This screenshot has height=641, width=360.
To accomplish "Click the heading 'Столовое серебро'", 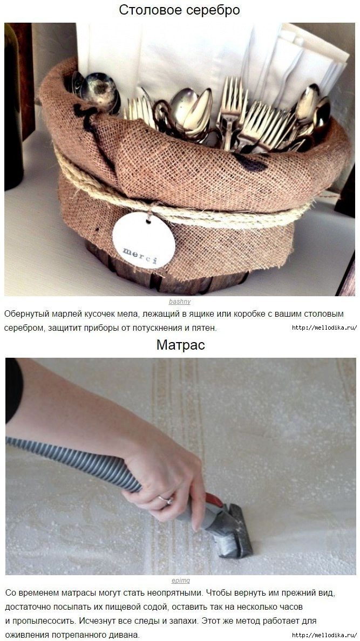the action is [179, 10].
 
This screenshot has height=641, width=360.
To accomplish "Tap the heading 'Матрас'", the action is [180, 345].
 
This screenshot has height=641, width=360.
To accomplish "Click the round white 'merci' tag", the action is [144, 241].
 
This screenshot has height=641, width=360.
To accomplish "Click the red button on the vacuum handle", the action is [214, 500].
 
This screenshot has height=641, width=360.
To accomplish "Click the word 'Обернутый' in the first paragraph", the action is [28, 315].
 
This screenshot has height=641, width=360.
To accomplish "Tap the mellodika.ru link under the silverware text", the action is [324, 328].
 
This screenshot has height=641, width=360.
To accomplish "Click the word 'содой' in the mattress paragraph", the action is [161, 606].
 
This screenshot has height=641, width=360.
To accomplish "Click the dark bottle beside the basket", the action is [14, 106].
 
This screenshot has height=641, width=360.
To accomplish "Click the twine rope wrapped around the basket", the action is [180, 213].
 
